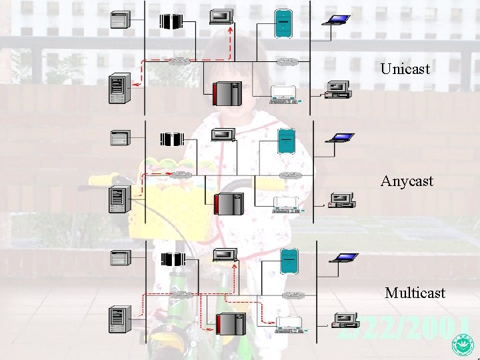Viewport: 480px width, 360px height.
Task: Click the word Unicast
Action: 405,69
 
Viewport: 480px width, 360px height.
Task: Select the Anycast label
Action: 407,181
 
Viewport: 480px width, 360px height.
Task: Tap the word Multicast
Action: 415,293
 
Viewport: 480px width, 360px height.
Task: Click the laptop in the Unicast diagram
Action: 336,19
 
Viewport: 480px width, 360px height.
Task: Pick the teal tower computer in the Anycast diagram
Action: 287,141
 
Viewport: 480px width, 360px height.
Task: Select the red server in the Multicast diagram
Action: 228,323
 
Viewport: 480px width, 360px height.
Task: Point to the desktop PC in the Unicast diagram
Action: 337,89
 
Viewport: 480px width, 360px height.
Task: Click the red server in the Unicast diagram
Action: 227,93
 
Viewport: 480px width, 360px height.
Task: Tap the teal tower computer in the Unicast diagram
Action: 284,23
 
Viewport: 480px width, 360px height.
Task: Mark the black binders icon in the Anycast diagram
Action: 172,139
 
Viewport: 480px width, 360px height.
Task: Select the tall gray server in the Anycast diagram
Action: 117,199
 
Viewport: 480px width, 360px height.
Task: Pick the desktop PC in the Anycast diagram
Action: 341,200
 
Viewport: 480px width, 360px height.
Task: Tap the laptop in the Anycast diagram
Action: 340,138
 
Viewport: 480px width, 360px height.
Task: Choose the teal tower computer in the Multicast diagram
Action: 289,259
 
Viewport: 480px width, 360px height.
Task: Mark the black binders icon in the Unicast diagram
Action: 171,21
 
